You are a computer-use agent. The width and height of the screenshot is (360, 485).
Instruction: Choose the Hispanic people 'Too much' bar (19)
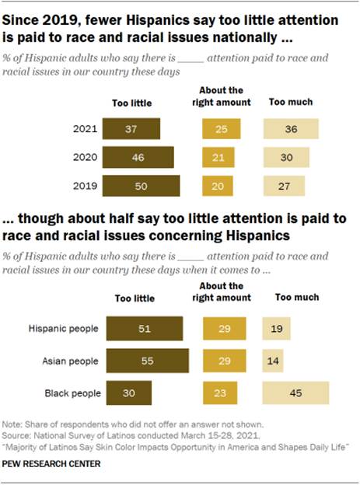pos(277,329)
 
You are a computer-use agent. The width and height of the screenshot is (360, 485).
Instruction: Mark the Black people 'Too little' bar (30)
pos(128,393)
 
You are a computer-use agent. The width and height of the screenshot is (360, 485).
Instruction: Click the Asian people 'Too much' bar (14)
pos(273,361)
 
